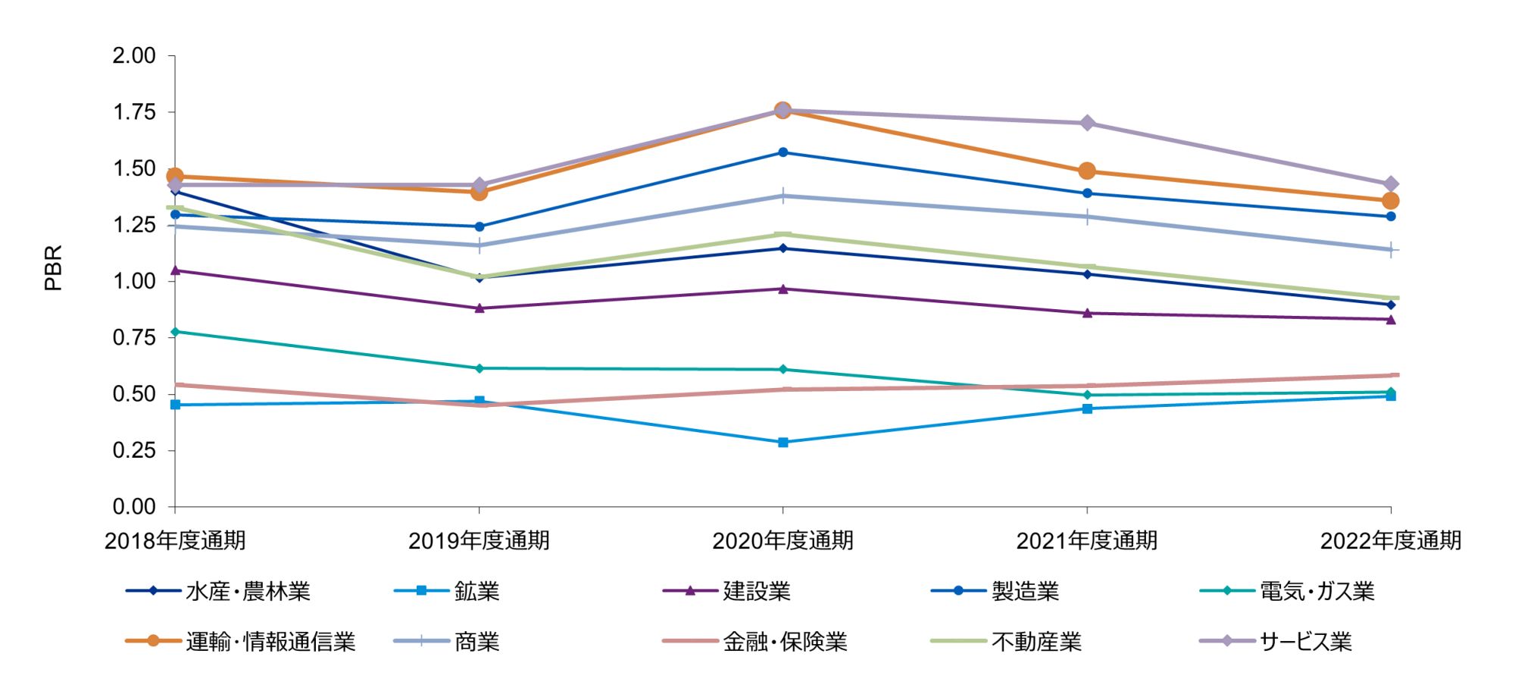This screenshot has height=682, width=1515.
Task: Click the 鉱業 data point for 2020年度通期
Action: (x=783, y=442)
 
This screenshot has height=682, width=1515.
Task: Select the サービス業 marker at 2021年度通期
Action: (x=1087, y=123)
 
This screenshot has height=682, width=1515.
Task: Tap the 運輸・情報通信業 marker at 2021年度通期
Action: (x=1087, y=171)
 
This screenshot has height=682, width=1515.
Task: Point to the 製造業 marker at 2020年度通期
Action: (x=783, y=152)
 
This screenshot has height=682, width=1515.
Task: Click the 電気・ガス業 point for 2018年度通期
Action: (x=175, y=331)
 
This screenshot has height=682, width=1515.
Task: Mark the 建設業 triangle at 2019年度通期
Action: (x=479, y=308)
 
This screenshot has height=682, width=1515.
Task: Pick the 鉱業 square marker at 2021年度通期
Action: (x=1087, y=408)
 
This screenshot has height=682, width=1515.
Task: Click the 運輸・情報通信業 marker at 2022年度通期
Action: (x=1391, y=201)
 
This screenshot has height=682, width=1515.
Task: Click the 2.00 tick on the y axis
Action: (x=134, y=56)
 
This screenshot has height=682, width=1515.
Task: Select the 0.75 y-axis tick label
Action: (x=134, y=337)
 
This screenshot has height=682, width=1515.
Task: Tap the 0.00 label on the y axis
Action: (x=134, y=506)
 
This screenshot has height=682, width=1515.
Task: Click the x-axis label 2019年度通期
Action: (x=479, y=540)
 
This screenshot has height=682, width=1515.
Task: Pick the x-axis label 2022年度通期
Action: (x=1391, y=540)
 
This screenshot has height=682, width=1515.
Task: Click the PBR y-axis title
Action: (x=53, y=268)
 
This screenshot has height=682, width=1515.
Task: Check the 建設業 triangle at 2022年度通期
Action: (x=1391, y=319)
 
